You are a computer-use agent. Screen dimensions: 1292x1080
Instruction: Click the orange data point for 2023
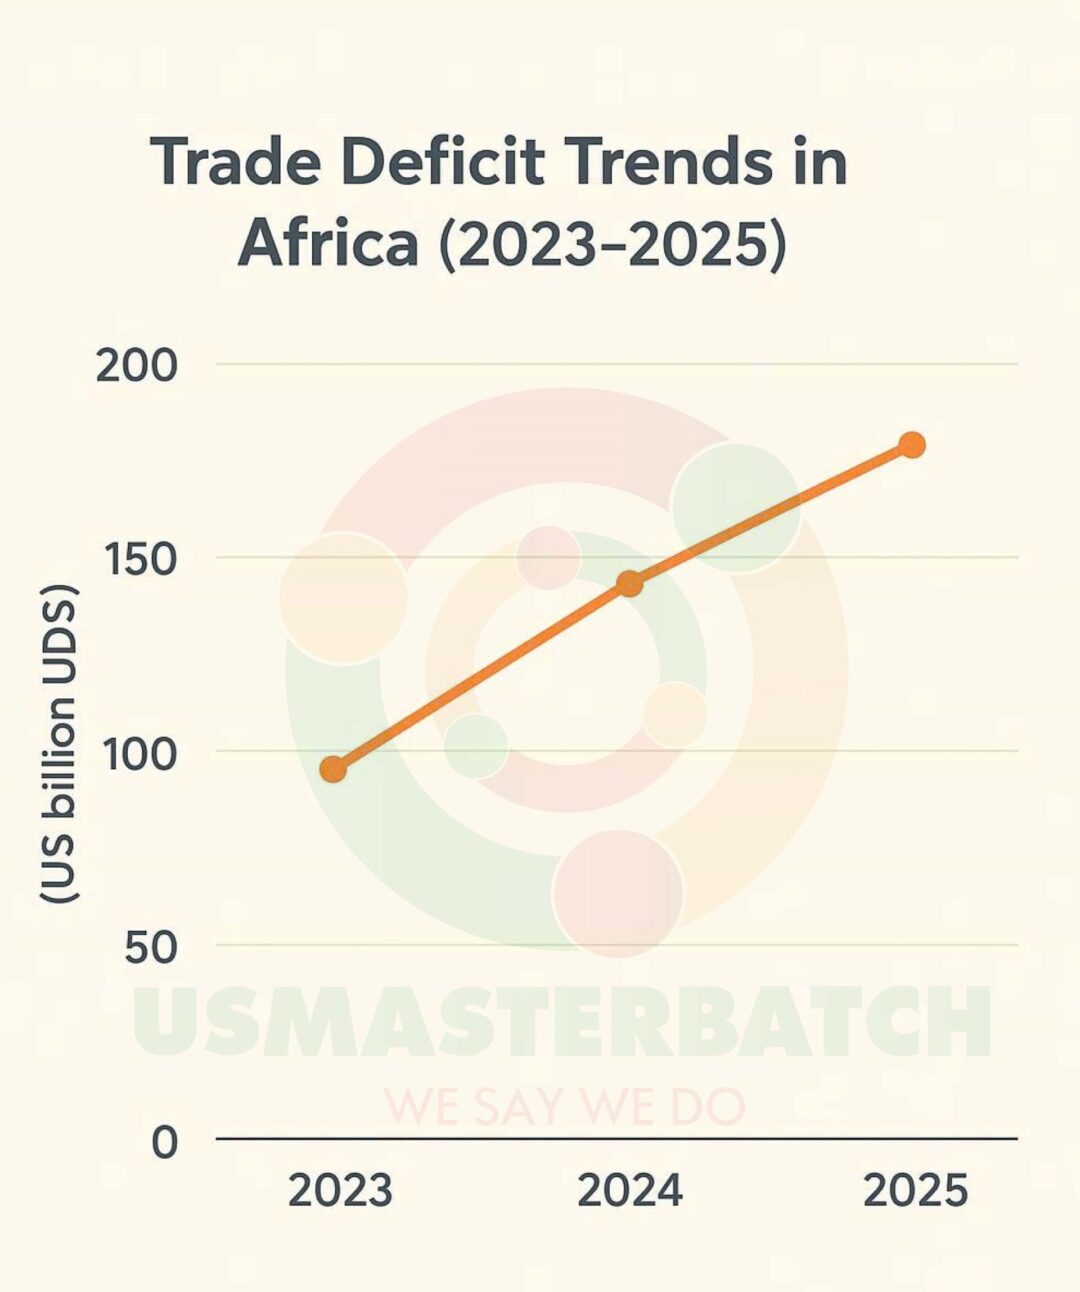333,769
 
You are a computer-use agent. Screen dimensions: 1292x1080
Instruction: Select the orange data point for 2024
629,584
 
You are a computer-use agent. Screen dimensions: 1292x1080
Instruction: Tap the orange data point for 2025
911,445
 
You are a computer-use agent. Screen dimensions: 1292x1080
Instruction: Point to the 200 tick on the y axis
137,366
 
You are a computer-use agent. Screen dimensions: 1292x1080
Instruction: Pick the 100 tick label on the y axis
140,754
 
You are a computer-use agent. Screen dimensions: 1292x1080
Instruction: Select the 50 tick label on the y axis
150,947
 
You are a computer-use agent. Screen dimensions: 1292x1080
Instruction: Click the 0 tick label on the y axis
165,1141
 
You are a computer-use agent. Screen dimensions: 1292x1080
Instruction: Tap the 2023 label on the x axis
340,1191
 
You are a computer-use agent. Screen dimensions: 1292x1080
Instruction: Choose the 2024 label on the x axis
630,1191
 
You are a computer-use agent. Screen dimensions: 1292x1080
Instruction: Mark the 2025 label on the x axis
915,1191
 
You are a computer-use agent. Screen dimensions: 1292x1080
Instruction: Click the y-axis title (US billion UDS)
59,745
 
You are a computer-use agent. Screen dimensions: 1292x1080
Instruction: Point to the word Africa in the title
328,243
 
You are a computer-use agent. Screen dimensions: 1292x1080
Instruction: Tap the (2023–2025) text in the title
612,243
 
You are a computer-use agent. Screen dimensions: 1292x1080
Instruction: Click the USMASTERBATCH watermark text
562,1021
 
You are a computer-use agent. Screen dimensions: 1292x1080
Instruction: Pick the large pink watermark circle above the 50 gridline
618,893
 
